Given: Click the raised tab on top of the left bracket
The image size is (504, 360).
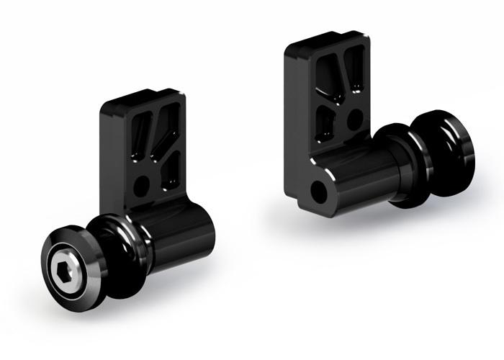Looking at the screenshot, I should pyautogui.click(x=144, y=99).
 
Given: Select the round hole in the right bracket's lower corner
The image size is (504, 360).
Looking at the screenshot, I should pyautogui.click(x=318, y=192).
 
